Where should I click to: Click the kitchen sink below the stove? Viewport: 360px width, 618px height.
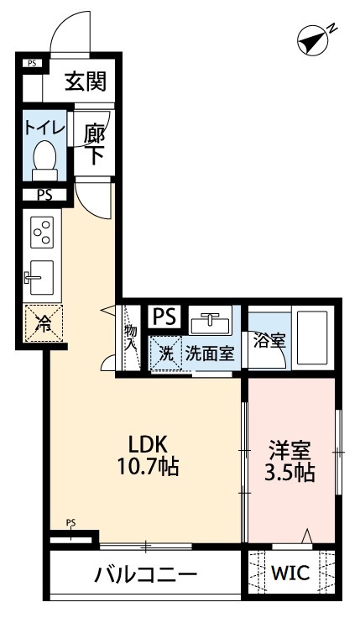(40, 275)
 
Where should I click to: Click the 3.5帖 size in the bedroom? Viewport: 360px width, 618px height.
(290, 473)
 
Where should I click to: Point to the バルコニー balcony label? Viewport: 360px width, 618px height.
(145, 575)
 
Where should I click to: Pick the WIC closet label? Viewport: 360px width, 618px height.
(290, 574)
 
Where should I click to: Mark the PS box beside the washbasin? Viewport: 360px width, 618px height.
(164, 317)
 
